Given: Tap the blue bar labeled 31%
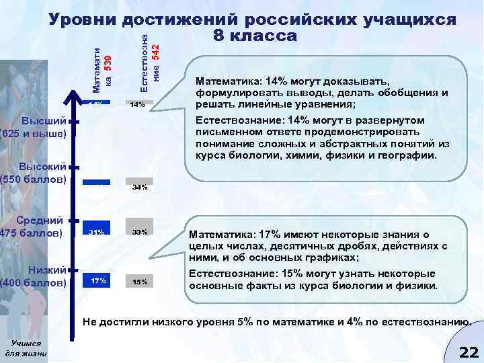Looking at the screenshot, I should [95, 233].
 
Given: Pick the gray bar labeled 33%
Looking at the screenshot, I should [140, 233].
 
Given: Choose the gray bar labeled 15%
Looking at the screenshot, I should [140, 282].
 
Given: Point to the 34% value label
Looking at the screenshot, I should [140, 188].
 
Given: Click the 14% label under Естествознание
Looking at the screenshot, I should [138, 105].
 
